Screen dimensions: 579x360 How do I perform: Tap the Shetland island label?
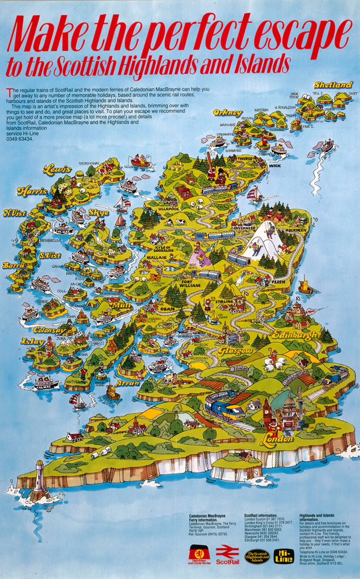pyautogui.click(x=333, y=85)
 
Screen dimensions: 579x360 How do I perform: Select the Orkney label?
pyautogui.click(x=227, y=112)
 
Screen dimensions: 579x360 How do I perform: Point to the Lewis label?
pyautogui.click(x=57, y=169)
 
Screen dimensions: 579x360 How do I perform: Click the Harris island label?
pyautogui.click(x=32, y=190)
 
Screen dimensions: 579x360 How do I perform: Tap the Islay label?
pyautogui.click(x=32, y=342)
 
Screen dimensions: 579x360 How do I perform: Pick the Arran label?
pyautogui.click(x=127, y=383)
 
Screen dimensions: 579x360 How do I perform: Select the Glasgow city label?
pyautogui.click(x=236, y=351)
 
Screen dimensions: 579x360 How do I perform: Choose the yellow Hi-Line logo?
pyautogui.click(x=284, y=556)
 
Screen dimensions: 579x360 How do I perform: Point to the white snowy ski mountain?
pyautogui.click(x=261, y=240)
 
